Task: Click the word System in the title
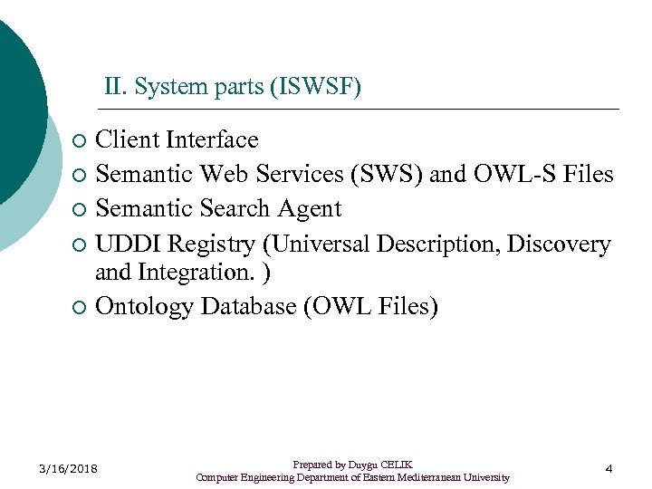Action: point(165,88)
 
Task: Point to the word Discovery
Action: point(559,244)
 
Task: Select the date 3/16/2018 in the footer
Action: point(69,468)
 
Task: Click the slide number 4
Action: point(609,468)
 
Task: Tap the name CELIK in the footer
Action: point(398,465)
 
